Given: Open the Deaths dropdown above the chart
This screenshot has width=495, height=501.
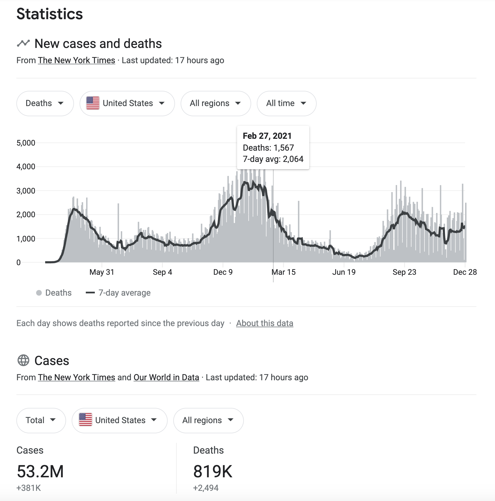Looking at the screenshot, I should pos(45,103).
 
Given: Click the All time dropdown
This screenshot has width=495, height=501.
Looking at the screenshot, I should pos(286,103).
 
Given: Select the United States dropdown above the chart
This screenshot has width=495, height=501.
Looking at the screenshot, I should pos(127,103).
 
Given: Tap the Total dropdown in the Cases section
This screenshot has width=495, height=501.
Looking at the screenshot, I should pos(41,420).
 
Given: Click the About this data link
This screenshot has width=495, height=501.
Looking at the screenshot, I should pos(264,323).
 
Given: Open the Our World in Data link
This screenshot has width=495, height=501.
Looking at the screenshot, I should pos(166,377).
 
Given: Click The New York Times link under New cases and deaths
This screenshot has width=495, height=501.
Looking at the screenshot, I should pos(76,60).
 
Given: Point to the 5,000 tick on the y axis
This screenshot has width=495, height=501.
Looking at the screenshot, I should pos(26,143).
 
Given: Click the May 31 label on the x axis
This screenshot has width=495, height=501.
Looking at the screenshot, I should pos(102,272).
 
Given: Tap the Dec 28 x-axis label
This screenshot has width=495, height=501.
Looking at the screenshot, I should pos(465,272).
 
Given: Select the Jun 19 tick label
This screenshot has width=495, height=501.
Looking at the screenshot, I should pos(344,272).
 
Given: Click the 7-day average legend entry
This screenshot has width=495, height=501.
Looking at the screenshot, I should pos(124,293).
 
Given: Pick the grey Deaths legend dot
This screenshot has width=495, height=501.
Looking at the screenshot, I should pos(39,293).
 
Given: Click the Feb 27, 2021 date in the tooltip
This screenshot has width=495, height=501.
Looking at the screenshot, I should pos(267,136).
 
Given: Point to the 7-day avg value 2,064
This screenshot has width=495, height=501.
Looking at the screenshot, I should pos(293,159).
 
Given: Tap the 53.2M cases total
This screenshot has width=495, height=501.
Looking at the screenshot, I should pos(40,471).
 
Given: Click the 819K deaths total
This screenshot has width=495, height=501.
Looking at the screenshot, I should pos(213,471).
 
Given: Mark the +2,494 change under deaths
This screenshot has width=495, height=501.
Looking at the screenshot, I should pos(206,488).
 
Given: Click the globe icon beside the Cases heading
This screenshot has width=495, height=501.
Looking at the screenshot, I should pos(23,361).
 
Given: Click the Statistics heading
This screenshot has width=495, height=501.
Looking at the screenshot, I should pos(50,14).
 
